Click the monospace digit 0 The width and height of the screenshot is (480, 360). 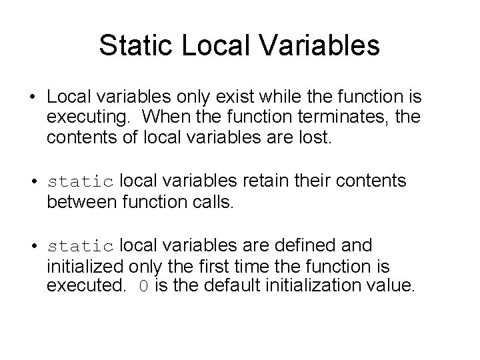(143, 287)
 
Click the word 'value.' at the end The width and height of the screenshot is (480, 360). (395, 287)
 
